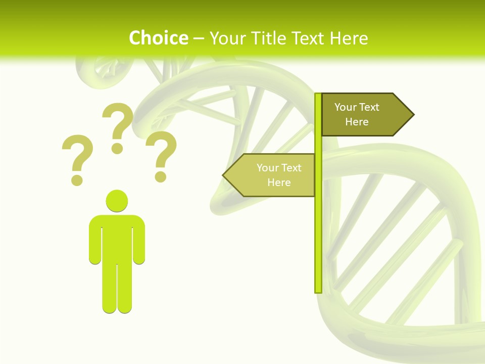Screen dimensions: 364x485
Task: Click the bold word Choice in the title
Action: [x=158, y=38]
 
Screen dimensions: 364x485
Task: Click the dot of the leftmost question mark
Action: [x=77, y=179]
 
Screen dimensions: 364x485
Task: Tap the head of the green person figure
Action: [x=117, y=200]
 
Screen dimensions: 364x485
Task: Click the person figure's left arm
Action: [x=95, y=240]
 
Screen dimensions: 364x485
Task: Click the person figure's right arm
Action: [x=139, y=240]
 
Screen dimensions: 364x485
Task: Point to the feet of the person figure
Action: [x=117, y=307]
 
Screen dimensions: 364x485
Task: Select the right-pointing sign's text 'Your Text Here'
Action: [x=357, y=114]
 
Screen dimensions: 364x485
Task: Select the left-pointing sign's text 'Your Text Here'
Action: [x=278, y=175]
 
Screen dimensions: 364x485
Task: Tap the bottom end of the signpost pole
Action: [x=318, y=290]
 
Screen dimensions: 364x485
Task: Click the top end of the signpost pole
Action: [x=318, y=96]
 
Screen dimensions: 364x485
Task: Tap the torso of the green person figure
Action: [x=117, y=238]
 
